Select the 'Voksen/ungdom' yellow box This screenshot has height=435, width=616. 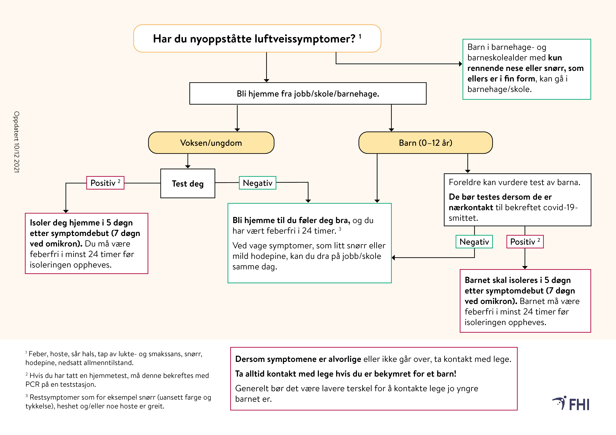211,143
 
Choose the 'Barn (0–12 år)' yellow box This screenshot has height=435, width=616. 426,143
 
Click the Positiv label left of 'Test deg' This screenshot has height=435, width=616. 105,183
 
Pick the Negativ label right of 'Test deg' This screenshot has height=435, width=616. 258,183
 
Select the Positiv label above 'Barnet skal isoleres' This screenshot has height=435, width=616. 525,242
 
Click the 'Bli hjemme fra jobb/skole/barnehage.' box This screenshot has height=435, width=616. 308,94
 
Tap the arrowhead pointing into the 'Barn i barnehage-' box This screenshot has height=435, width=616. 460,64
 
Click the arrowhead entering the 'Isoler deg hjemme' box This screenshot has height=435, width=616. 66,211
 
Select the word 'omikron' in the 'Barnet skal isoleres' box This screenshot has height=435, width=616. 498,301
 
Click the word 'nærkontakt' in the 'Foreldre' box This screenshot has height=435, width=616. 471,207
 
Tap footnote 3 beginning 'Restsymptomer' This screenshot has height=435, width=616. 118,401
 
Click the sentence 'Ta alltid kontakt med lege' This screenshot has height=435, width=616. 346,374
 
